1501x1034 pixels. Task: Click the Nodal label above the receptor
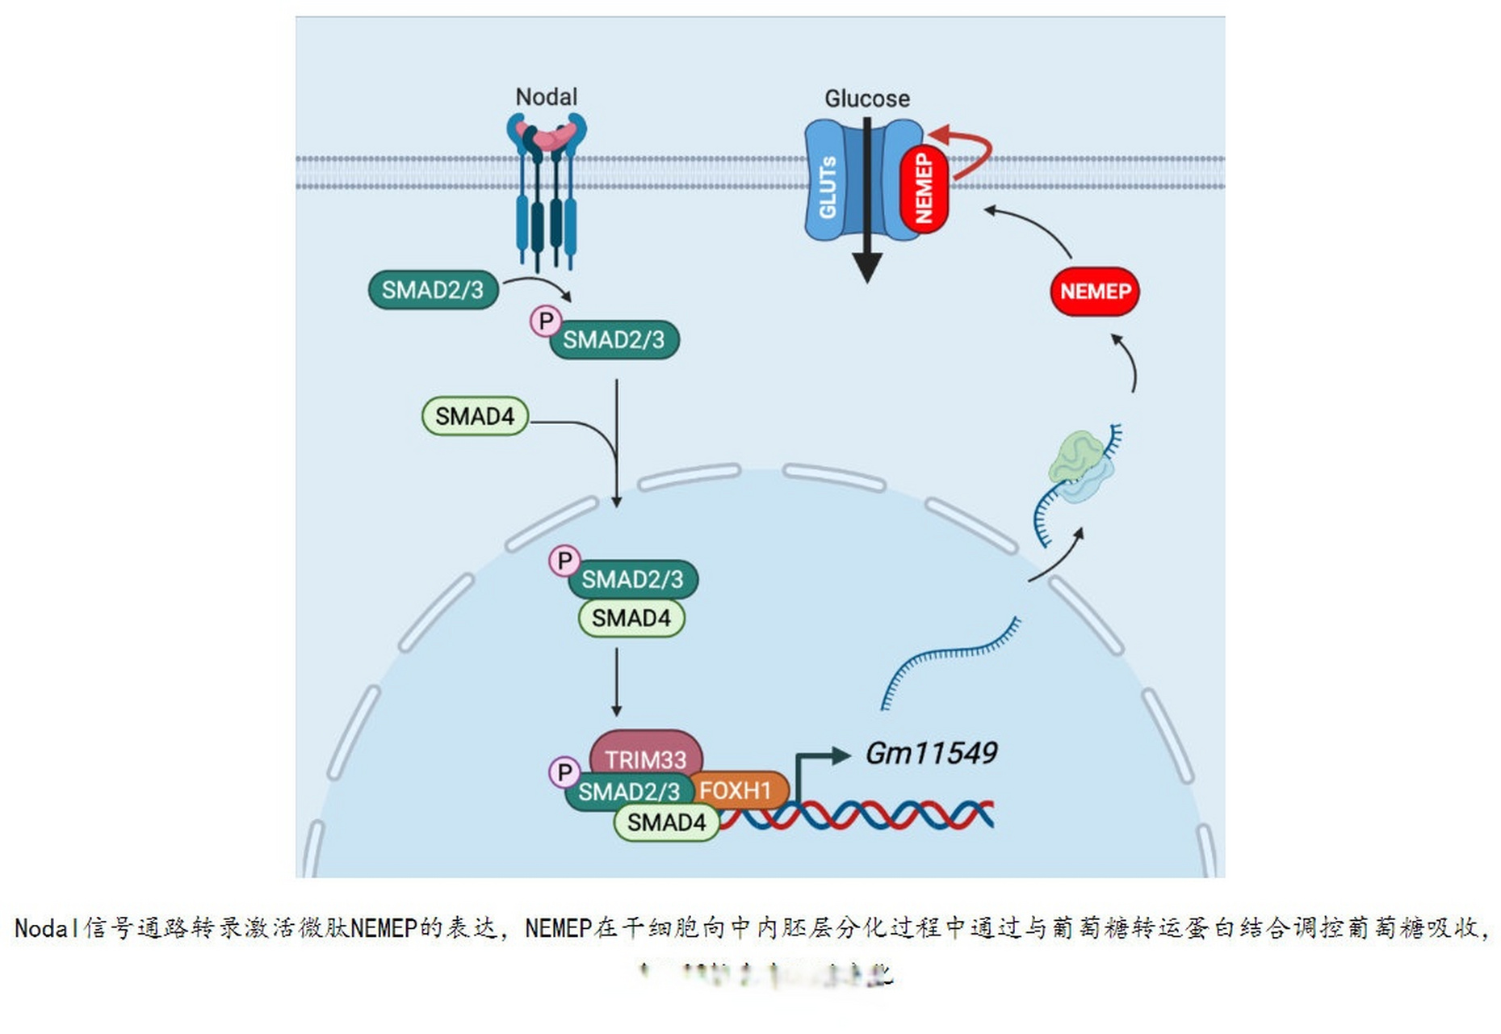(x=546, y=97)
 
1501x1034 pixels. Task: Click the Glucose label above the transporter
(x=866, y=99)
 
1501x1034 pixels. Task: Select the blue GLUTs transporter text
(x=828, y=187)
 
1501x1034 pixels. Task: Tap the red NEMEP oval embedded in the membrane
(x=924, y=189)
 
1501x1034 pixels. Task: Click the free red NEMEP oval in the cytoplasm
(x=1094, y=291)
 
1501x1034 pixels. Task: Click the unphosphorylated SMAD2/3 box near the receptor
(x=432, y=289)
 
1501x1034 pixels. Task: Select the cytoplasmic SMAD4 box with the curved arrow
(x=475, y=416)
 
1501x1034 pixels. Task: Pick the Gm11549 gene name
(x=930, y=753)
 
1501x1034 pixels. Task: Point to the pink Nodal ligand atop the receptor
(x=547, y=136)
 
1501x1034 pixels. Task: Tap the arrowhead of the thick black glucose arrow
(x=866, y=267)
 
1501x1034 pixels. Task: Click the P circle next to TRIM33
(x=564, y=772)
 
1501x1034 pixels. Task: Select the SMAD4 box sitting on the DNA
(x=666, y=822)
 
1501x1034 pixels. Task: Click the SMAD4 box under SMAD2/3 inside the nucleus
(x=631, y=618)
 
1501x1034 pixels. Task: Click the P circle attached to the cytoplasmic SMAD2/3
(x=546, y=321)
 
